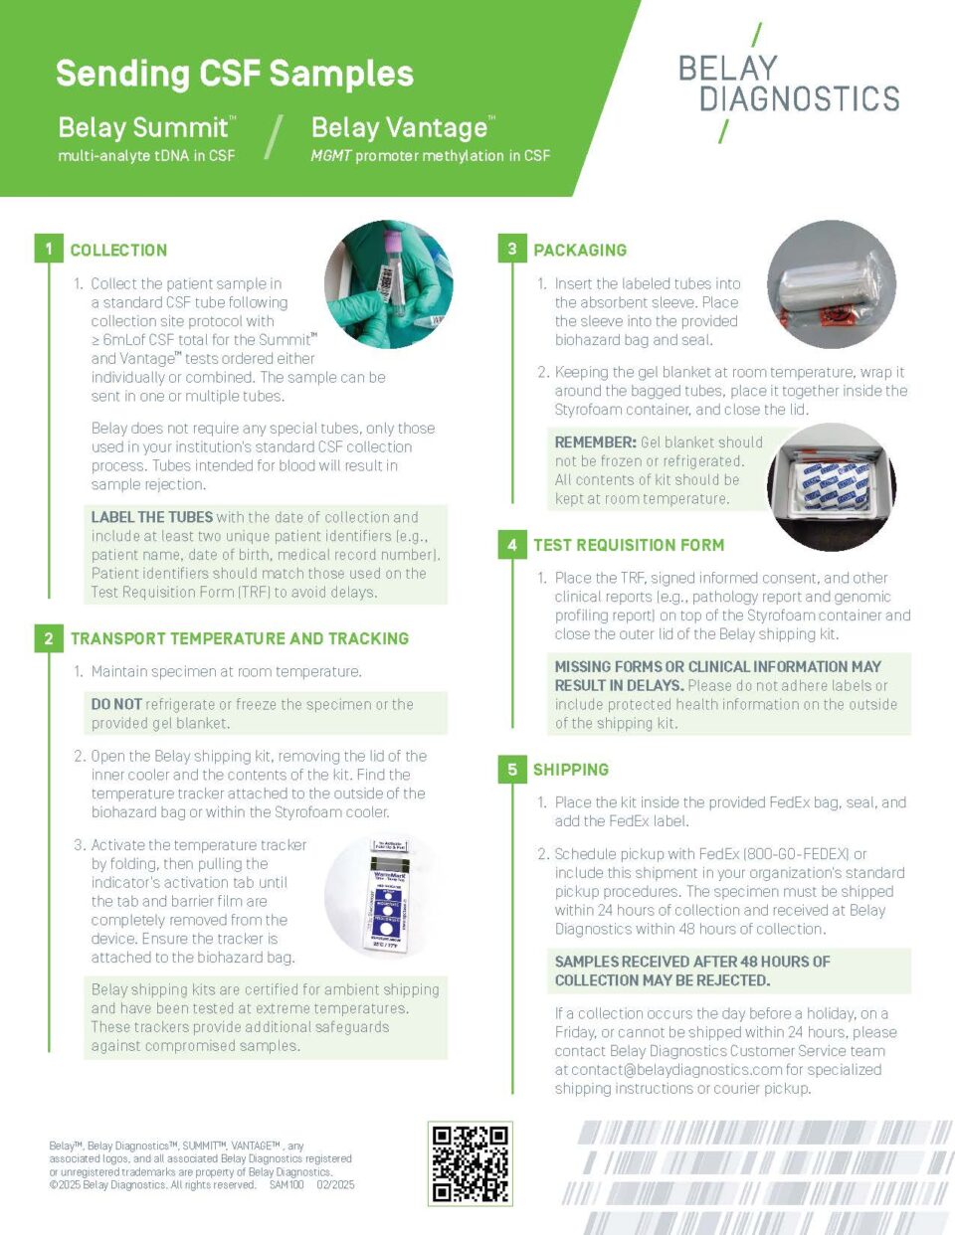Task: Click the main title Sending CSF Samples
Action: click(234, 74)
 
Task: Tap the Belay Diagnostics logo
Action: click(789, 84)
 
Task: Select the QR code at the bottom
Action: click(471, 1163)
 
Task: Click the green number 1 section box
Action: click(48, 249)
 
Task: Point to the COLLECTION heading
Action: click(118, 251)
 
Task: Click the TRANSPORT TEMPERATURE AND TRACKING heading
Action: click(239, 638)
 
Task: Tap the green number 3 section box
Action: click(511, 249)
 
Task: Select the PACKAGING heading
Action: click(580, 251)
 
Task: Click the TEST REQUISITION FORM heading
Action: click(629, 545)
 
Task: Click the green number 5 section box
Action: click(511, 769)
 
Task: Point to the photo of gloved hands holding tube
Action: click(389, 284)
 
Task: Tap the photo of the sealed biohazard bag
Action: click(832, 285)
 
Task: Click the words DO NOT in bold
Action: click(116, 704)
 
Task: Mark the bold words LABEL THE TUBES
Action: click(151, 517)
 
